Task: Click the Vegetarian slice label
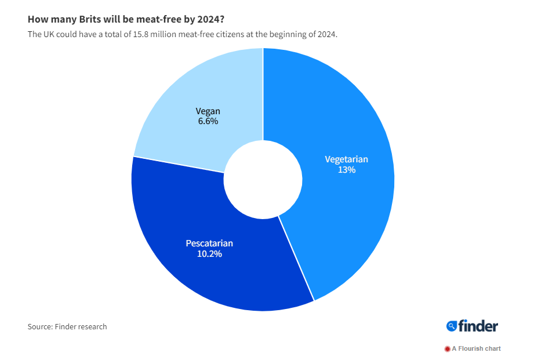(x=346, y=159)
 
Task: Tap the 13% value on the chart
(x=346, y=170)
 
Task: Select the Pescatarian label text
(x=209, y=243)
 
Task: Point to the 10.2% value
(x=209, y=254)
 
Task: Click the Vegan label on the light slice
(x=208, y=111)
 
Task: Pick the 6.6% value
(x=208, y=122)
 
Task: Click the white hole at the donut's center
(x=263, y=179)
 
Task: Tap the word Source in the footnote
(x=39, y=327)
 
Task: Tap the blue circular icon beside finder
(x=452, y=326)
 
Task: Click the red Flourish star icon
(x=447, y=349)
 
